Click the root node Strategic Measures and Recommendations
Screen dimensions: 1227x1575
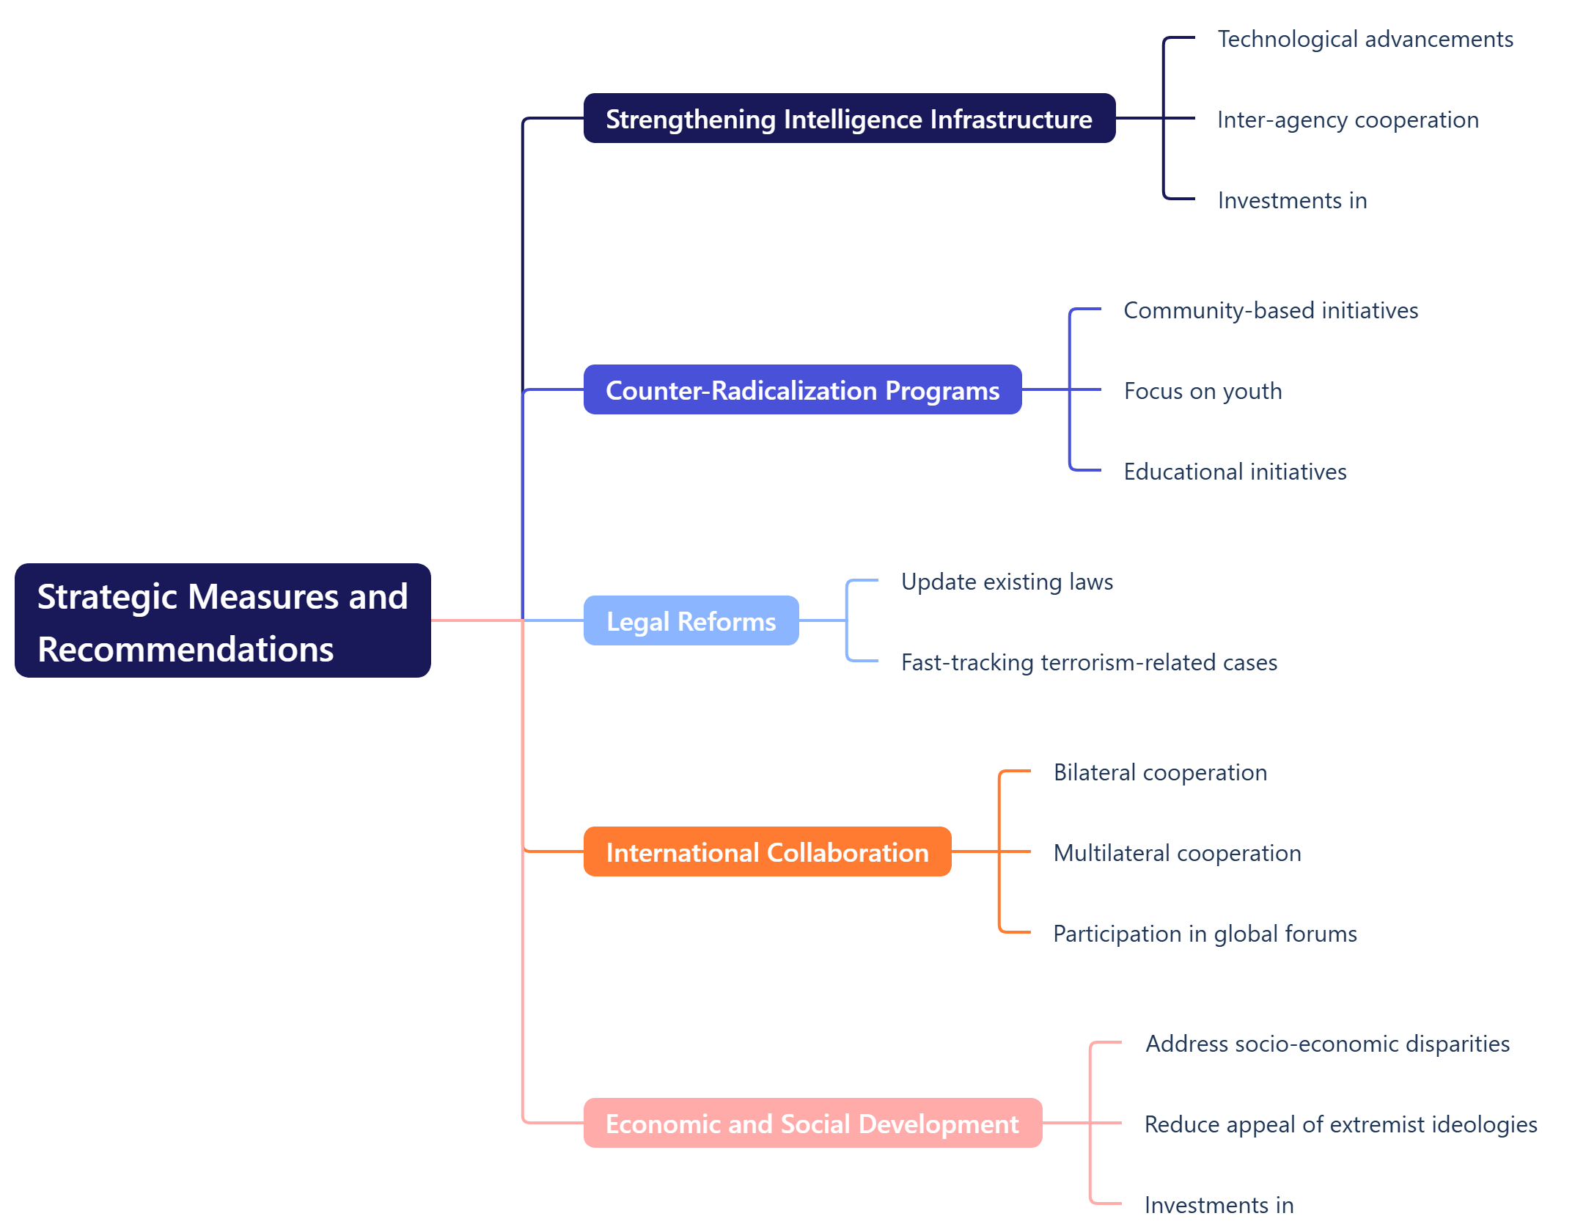pyautogui.click(x=222, y=620)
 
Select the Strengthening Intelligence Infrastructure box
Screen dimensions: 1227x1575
pyautogui.click(x=849, y=119)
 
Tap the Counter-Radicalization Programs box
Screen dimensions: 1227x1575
pyautogui.click(x=802, y=390)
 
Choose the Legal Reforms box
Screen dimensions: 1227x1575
pyautogui.click(x=691, y=621)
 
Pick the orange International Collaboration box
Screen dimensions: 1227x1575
pyautogui.click(x=767, y=852)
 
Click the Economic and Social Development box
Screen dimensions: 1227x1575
pyautogui.click(x=812, y=1124)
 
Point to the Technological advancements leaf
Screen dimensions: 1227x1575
pyautogui.click(x=1365, y=39)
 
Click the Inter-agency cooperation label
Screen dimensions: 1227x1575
pyautogui.click(x=1348, y=120)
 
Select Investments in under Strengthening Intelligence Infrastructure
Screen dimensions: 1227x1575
pyautogui.click(x=1292, y=200)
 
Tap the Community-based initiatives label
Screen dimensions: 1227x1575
pyautogui.click(x=1271, y=310)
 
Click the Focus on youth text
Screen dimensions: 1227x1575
pyautogui.click(x=1203, y=391)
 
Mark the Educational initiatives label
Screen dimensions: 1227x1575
pyautogui.click(x=1235, y=472)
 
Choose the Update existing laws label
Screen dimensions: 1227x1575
pyautogui.click(x=1007, y=582)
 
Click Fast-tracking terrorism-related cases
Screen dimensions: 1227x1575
pyautogui.click(x=1089, y=662)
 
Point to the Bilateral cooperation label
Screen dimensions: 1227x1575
pyautogui.click(x=1160, y=772)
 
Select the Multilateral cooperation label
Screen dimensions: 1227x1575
pyautogui.click(x=1177, y=853)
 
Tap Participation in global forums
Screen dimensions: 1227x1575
pyautogui.click(x=1205, y=934)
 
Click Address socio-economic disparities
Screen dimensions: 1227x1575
pyautogui.click(x=1327, y=1044)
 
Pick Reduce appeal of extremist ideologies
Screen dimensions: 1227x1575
pyautogui.click(x=1340, y=1124)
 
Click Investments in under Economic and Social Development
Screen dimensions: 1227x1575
pyautogui.click(x=1219, y=1205)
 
